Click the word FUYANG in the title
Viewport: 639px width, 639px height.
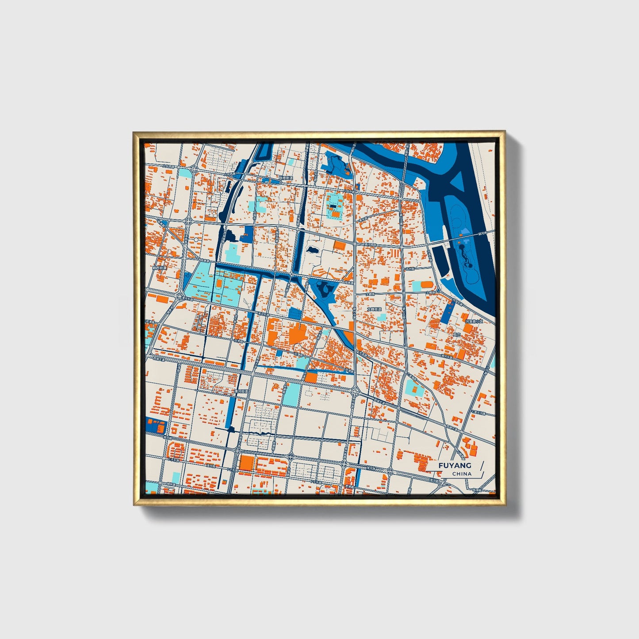455,465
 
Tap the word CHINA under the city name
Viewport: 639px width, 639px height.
462,474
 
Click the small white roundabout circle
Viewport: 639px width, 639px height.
196,240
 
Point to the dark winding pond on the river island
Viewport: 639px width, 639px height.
465,259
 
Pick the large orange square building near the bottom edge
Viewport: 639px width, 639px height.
247,463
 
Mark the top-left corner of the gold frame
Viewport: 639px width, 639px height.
134,132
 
